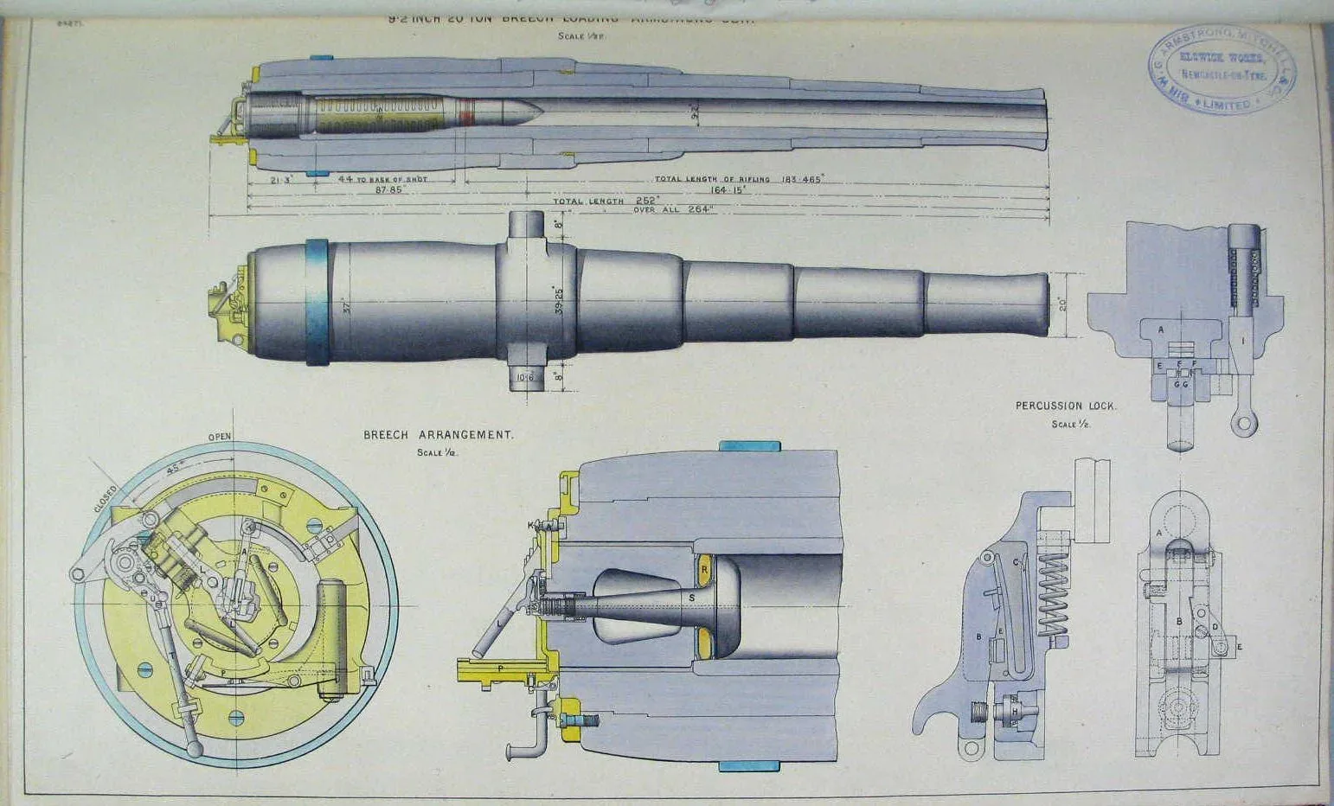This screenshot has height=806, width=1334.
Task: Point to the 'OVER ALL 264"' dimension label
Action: (673, 209)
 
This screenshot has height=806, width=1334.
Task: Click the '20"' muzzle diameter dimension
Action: (1062, 305)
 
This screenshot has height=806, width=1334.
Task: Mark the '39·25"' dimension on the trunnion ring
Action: (559, 299)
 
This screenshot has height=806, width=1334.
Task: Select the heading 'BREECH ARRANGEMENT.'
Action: (438, 435)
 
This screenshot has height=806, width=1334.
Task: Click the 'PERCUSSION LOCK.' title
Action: (1066, 406)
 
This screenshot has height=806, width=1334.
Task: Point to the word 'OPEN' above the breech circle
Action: (220, 437)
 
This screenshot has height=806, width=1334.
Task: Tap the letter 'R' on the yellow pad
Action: (704, 569)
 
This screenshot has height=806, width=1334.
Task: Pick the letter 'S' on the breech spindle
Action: (691, 598)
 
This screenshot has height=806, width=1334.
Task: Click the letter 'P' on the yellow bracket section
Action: (500, 668)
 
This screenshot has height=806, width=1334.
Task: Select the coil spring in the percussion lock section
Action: (1050, 595)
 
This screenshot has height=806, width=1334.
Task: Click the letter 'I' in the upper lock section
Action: (1243, 342)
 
